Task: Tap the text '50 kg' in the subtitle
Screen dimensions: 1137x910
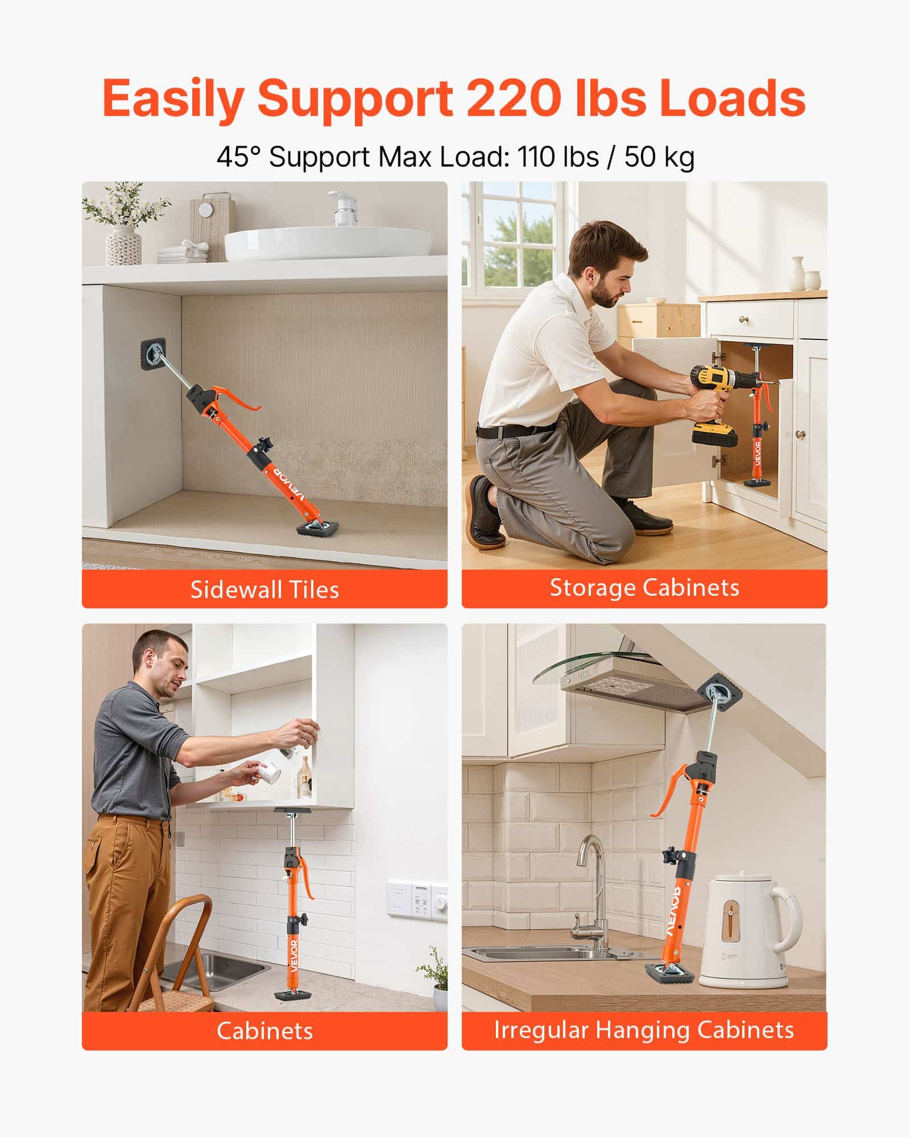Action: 659,157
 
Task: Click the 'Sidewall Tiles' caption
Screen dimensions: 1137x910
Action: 264,590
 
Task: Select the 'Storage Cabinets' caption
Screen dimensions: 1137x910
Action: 644,588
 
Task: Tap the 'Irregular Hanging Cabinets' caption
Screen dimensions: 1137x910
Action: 644,1030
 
